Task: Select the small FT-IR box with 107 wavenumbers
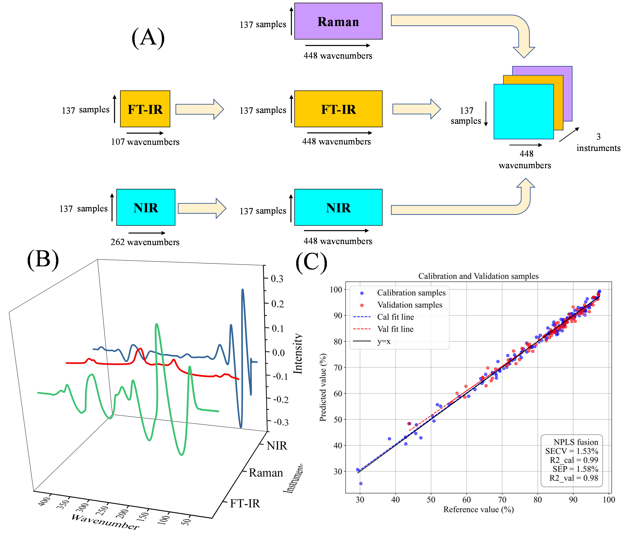(x=145, y=109)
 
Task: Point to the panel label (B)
(x=43, y=259)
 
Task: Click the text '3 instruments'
(x=598, y=143)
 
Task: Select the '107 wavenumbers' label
(x=145, y=142)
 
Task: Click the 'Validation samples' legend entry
(x=410, y=305)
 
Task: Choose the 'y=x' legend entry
(x=384, y=341)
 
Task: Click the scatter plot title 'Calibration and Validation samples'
(x=478, y=276)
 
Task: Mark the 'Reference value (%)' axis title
(x=478, y=509)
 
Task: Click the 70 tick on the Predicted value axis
(x=338, y=367)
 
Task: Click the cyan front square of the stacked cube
(x=523, y=112)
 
